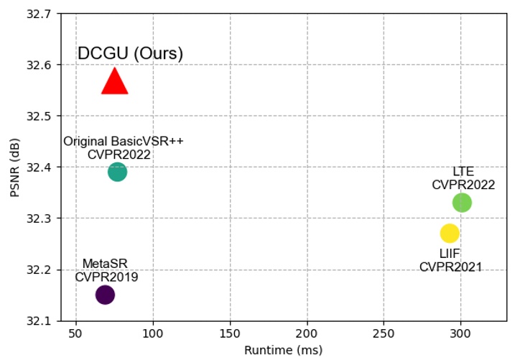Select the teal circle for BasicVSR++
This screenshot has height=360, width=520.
(x=117, y=172)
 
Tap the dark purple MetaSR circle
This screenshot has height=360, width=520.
(x=105, y=295)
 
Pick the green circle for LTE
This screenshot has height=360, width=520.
(x=462, y=203)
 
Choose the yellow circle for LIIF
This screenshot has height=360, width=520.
(x=450, y=233)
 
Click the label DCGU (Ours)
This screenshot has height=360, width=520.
(x=131, y=54)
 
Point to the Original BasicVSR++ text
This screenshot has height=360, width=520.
(x=124, y=141)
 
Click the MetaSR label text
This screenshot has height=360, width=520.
(x=106, y=264)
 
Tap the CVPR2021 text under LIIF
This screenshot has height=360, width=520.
(x=450, y=267)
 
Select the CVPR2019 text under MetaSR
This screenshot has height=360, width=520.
(x=106, y=277)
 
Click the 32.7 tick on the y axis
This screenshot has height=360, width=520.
(x=40, y=14)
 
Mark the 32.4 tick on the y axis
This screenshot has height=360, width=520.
(x=40, y=167)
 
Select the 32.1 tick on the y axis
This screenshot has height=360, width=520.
(x=40, y=321)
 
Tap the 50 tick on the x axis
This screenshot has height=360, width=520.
(x=76, y=333)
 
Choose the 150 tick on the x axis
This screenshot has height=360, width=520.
(x=230, y=333)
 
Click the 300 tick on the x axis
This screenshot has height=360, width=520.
(x=460, y=333)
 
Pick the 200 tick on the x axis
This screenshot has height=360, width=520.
(x=307, y=333)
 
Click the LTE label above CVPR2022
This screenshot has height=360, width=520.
(x=463, y=172)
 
